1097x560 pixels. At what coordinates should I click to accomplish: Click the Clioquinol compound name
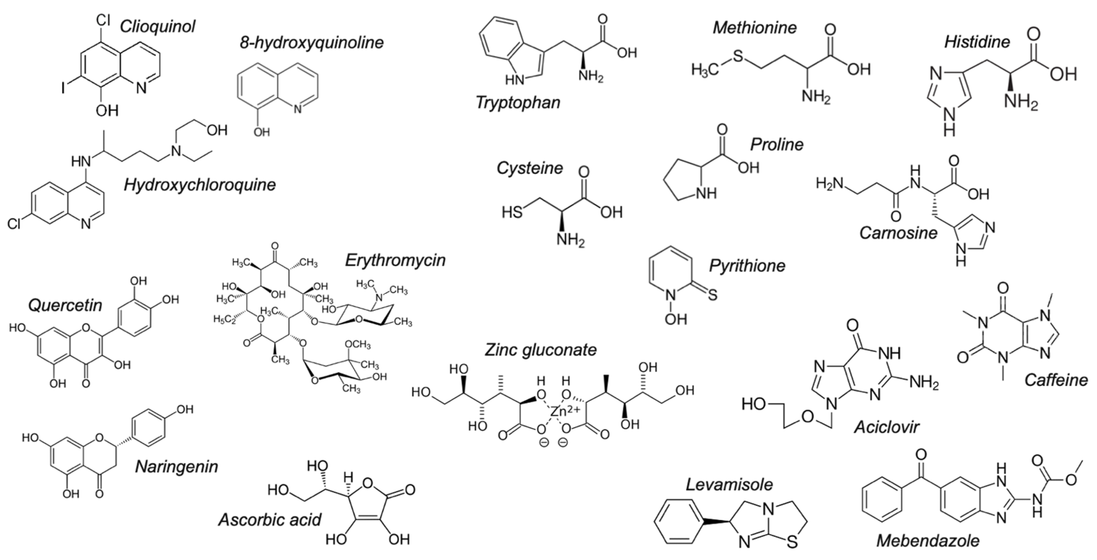pyautogui.click(x=157, y=26)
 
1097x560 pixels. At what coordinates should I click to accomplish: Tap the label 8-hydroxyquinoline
pyautogui.click(x=311, y=42)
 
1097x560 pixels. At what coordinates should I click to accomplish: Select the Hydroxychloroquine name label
pyautogui.click(x=200, y=185)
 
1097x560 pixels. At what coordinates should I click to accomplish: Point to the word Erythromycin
pyautogui.click(x=395, y=260)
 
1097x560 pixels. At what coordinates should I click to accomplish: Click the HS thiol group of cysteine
pyautogui.click(x=512, y=212)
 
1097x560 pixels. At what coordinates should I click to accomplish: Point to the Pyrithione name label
pyautogui.click(x=747, y=266)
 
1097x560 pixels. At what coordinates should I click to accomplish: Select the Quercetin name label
pyautogui.click(x=65, y=305)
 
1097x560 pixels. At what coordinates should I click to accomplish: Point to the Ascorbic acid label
pyautogui.click(x=269, y=520)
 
